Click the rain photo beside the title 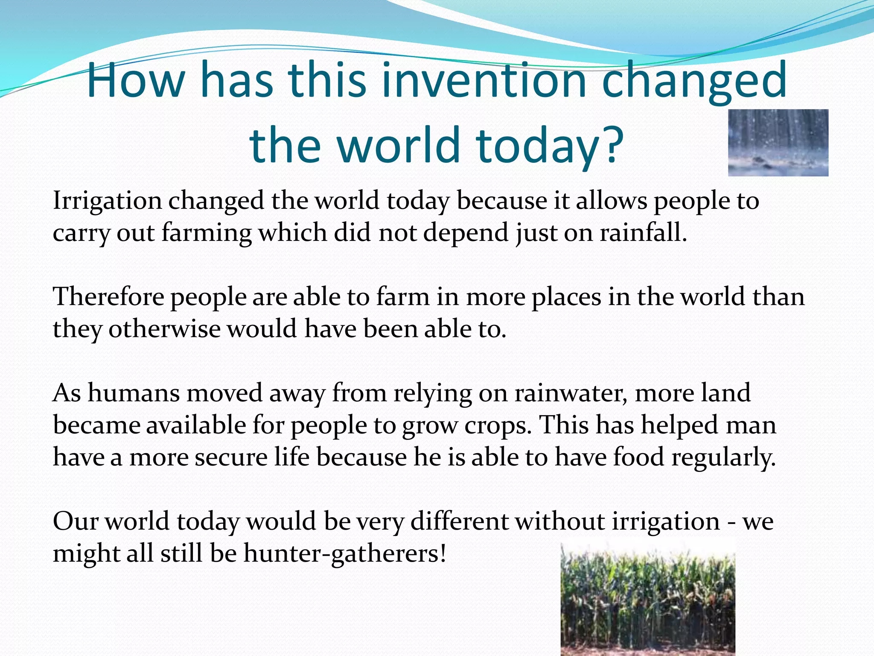tap(778, 143)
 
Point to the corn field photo tap(647, 600)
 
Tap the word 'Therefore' tap(108, 297)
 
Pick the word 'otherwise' tap(164, 329)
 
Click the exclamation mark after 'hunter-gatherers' tap(443, 553)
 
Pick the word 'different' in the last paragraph tap(459, 521)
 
